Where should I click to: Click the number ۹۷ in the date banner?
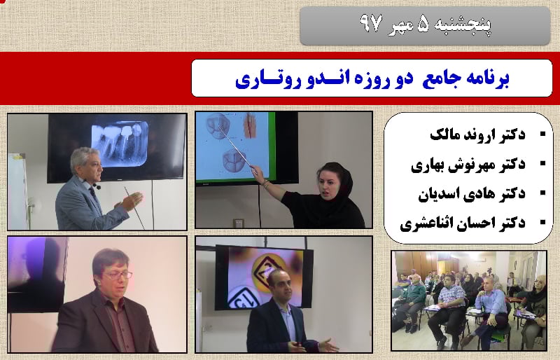coord(372,24)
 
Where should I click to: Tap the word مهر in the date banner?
coord(400,26)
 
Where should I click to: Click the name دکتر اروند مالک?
coord(477,134)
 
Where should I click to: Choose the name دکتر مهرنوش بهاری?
coord(468,165)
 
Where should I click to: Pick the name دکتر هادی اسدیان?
coord(472,194)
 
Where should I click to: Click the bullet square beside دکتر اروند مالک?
coord(543,134)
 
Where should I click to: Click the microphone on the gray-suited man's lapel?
coord(97,186)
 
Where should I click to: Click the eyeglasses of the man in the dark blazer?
coord(117,275)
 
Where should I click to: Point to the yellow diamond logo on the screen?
coord(270,270)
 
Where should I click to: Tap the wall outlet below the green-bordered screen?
coord(238,223)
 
